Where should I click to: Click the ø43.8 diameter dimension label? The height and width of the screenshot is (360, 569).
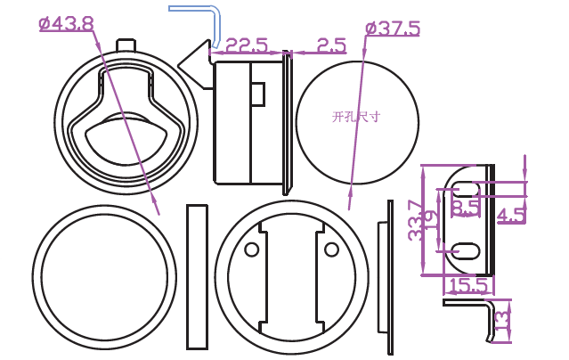[67, 23]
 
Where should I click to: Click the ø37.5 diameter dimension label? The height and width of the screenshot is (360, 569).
[393, 29]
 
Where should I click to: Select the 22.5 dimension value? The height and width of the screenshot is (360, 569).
[247, 45]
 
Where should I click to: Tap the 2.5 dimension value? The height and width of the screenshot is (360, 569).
[331, 45]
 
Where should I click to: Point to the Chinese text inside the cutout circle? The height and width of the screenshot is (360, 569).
[356, 117]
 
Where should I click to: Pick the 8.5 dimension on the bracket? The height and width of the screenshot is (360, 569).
[466, 208]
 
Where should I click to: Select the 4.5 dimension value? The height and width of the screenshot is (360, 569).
[511, 215]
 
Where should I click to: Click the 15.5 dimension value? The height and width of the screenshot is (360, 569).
[468, 285]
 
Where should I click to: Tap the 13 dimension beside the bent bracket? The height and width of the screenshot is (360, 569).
[502, 321]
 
